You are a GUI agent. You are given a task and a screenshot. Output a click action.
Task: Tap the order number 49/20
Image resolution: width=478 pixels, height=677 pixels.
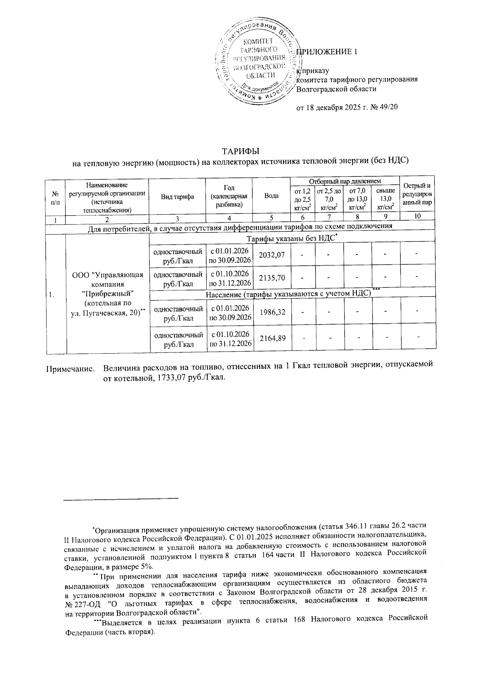click(388, 108)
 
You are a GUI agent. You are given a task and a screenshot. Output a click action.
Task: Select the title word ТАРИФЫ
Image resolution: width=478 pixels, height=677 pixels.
click(241, 151)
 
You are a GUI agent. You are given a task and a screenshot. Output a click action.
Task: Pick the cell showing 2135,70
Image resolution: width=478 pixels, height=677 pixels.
click(272, 278)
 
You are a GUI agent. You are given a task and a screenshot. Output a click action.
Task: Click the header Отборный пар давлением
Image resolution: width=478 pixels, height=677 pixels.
click(345, 181)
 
